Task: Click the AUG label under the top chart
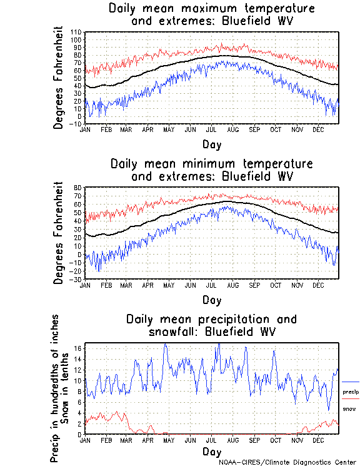(232, 129)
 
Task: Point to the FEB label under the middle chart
(106, 285)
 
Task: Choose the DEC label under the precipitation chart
(318, 440)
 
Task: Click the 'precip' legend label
(351, 392)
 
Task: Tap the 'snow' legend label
(349, 408)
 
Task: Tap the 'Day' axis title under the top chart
(212, 144)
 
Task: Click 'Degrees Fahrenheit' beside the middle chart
(59, 233)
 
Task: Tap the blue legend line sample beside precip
(351, 382)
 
